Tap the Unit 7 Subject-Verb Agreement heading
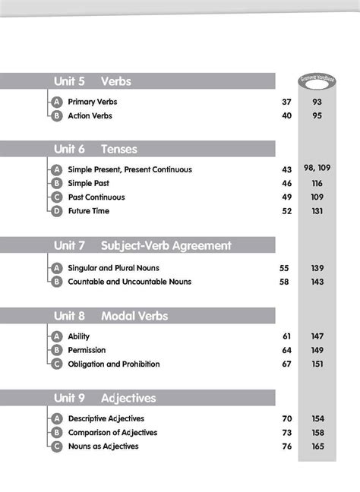tap(142, 246)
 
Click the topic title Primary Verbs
tap(93, 102)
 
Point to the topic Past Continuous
tap(96, 197)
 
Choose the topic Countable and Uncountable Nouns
tap(129, 282)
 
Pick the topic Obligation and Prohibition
tap(114, 364)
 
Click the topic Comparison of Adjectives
tap(112, 433)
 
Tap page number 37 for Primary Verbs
tap(286, 102)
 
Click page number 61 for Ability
tap(286, 336)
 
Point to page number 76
tap(286, 446)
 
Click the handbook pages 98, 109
tap(317, 169)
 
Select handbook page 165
tap(317, 446)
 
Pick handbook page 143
tap(317, 282)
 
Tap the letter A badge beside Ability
tap(56, 336)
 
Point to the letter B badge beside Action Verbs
tap(56, 116)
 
